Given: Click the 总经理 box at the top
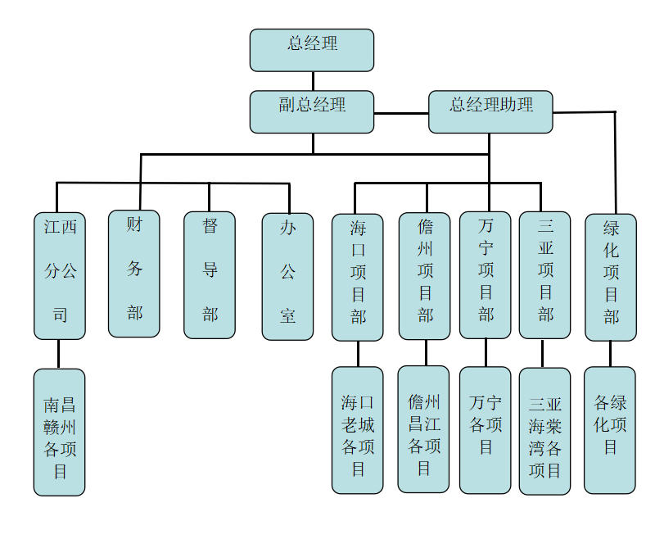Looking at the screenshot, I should (312, 50).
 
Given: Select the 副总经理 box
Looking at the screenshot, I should (312, 111).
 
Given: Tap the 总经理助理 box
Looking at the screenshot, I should (490, 111).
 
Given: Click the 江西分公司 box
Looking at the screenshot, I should (59, 275).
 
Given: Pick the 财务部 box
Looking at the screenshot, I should (134, 274).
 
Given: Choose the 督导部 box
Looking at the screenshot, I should (209, 274).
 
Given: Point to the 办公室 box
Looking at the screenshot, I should (287, 276).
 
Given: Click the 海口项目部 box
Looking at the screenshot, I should (358, 277).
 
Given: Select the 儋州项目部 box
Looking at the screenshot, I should (424, 276).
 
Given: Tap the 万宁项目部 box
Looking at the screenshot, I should (485, 275).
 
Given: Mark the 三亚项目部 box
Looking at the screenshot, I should (544, 275).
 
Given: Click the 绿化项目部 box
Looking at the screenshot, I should (611, 277).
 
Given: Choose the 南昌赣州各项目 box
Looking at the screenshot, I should (59, 432).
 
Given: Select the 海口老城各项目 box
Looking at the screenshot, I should (358, 430).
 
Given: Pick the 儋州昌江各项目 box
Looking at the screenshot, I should (423, 429).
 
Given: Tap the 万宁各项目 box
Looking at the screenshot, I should (485, 430).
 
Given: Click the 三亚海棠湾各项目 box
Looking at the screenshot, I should (544, 431).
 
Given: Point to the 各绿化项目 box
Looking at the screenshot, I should (610, 430).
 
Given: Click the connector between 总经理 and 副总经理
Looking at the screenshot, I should (312, 80).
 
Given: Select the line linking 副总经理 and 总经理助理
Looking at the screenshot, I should (401, 112).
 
